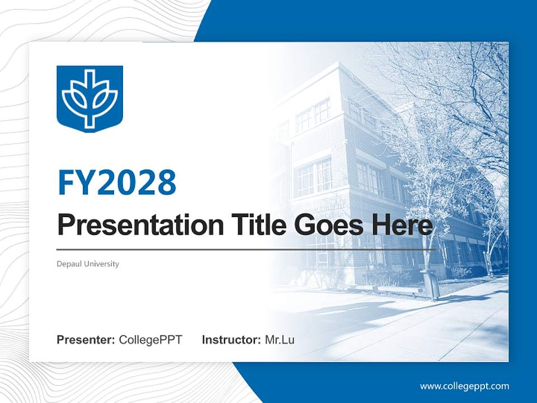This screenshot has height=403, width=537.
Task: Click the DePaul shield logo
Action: click(x=89, y=99)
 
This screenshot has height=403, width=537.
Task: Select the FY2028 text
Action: click(x=116, y=182)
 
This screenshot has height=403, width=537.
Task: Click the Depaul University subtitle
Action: click(x=88, y=264)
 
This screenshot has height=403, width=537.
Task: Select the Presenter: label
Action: click(x=86, y=340)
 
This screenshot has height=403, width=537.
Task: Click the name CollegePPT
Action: click(x=150, y=340)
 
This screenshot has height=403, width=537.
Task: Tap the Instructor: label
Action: click(x=231, y=340)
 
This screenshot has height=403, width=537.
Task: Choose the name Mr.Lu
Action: click(x=280, y=340)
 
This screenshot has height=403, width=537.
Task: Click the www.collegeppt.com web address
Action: click(x=464, y=386)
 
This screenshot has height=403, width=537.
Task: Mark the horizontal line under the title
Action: click(x=246, y=249)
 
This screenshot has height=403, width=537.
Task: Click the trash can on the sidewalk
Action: click(x=430, y=285)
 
